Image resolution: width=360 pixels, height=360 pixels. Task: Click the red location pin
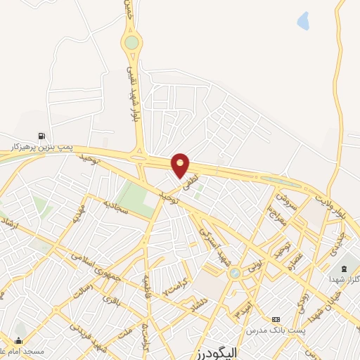click(181, 165)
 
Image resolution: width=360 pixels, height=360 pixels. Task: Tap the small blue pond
click(303, 21)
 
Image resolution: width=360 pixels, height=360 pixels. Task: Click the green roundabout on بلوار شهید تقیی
click(131, 42)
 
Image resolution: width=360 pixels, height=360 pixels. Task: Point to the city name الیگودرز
click(214, 352)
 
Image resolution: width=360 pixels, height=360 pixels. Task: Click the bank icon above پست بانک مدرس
click(275, 319)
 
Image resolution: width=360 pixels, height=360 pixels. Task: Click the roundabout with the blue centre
click(235, 272)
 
